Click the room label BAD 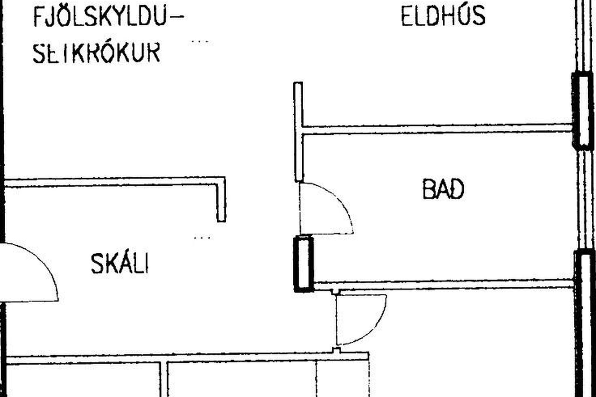(x=443, y=189)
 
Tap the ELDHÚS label (x=443, y=16)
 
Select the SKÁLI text (x=120, y=264)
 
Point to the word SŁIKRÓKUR (x=97, y=53)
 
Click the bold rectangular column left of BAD (x=304, y=264)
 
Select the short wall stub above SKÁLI (x=221, y=199)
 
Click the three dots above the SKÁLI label (x=202, y=238)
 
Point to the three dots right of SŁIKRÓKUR (x=200, y=41)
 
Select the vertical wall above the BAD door (x=299, y=132)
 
